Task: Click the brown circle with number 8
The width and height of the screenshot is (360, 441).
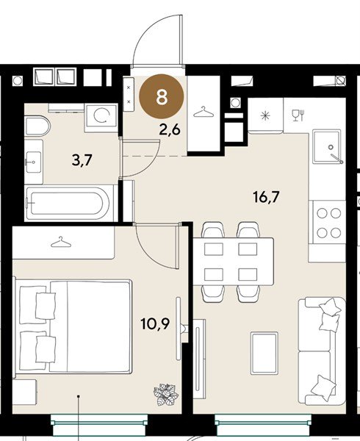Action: point(162,96)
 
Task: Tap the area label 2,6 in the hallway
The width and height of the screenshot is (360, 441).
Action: point(170,130)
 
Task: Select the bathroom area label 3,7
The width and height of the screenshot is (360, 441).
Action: point(82,160)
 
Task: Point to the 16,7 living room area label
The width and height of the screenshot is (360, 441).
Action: point(266,196)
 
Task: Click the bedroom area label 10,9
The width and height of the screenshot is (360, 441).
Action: point(156,323)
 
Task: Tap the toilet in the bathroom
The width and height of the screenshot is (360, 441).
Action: point(37,126)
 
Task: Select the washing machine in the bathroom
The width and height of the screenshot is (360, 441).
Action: point(101,118)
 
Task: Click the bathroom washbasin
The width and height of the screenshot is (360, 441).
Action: point(34,162)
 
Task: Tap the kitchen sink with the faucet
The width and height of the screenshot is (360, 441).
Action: point(328,146)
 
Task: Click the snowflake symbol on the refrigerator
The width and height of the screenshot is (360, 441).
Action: point(265,116)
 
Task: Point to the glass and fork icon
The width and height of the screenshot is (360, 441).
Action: point(298,115)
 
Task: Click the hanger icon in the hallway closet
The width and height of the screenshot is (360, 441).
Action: point(204,112)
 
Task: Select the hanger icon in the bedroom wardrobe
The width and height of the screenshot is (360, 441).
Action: point(61,242)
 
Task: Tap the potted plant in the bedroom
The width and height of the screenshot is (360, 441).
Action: point(166,394)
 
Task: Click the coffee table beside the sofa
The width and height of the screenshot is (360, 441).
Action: point(264,353)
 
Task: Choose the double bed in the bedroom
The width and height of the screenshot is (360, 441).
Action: point(73,326)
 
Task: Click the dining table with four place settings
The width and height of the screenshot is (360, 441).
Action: point(233,262)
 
